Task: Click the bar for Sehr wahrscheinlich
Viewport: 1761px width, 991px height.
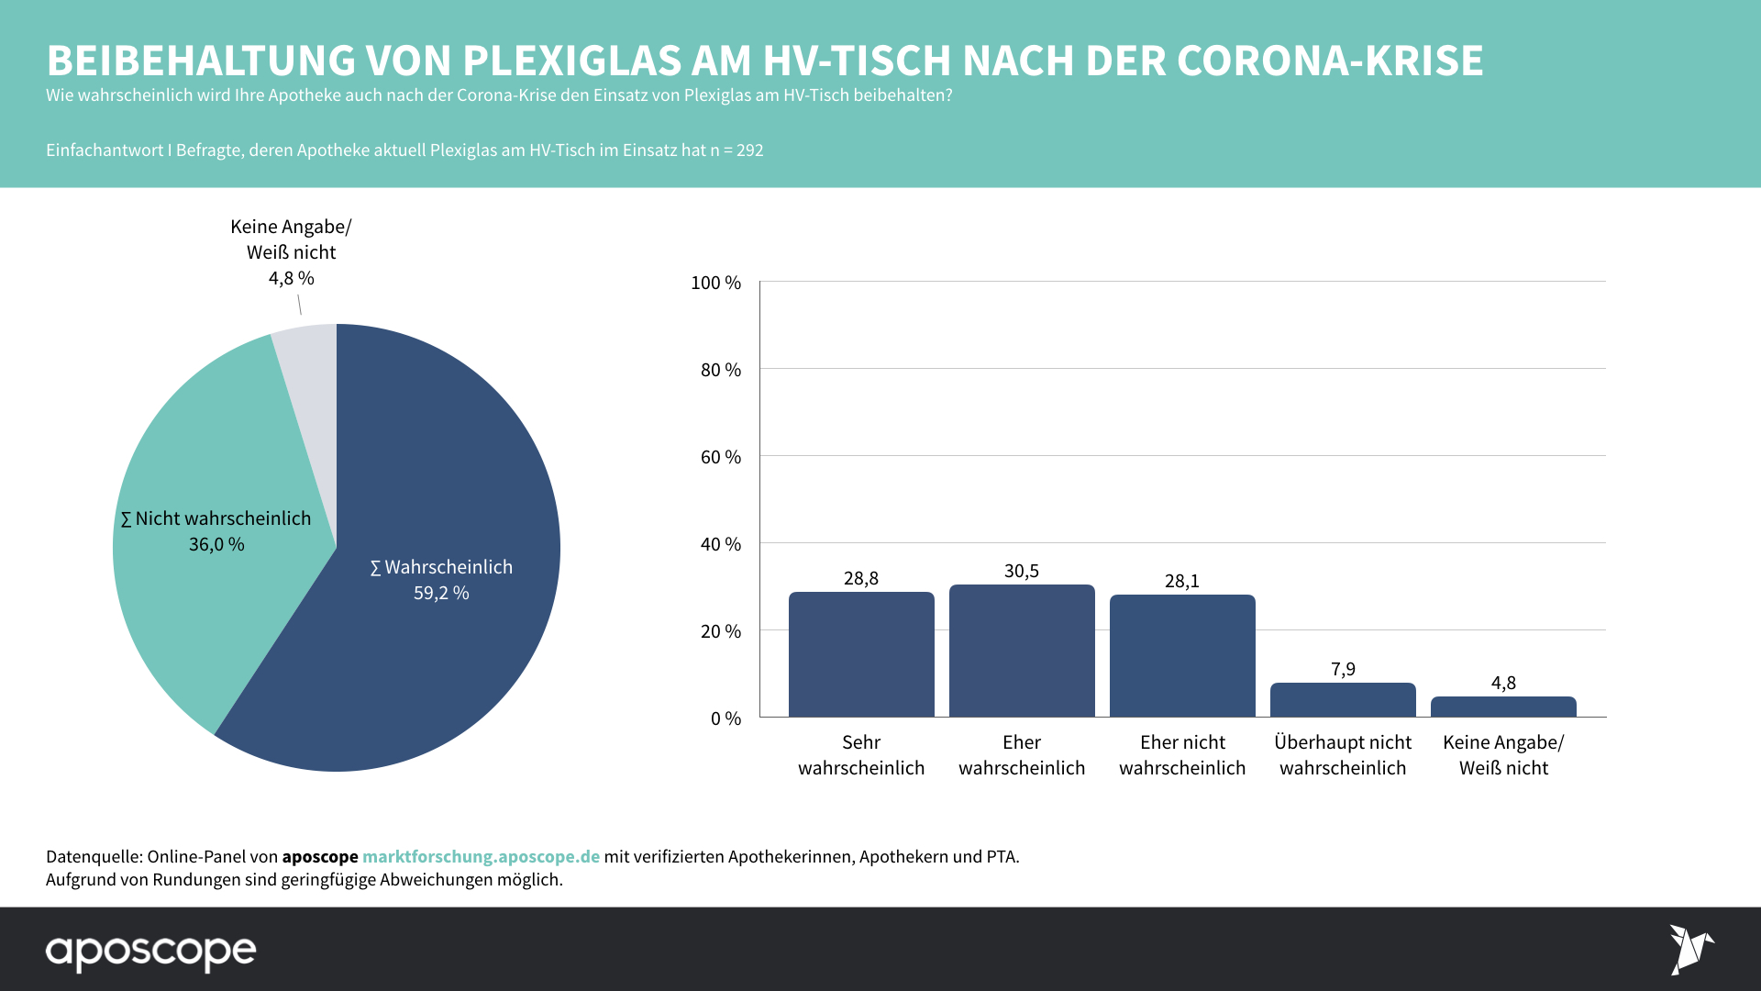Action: point(861,654)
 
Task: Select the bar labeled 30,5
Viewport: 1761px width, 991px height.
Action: point(1022,651)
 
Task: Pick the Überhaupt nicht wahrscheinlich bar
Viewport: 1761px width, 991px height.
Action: point(1343,700)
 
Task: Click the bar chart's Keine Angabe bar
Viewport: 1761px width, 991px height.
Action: point(1503,707)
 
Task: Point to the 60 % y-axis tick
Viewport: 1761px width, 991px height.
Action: point(721,457)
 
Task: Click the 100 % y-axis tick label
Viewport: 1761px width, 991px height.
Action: point(715,283)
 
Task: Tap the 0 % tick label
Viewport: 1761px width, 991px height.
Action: point(725,718)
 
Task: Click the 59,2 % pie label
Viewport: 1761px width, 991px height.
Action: point(441,593)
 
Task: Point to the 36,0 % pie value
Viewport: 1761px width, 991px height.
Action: point(216,544)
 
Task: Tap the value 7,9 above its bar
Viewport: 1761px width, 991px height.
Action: point(1343,669)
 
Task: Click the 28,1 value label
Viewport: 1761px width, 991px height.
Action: point(1182,581)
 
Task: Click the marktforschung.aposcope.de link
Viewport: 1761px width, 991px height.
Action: point(481,856)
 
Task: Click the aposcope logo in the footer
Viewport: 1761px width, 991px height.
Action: point(151,952)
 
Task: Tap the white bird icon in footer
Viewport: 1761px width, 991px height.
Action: point(1689,949)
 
